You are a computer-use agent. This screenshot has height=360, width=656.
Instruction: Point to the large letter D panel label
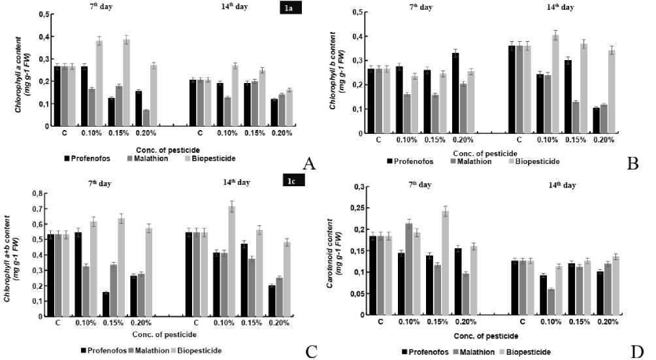tap(637, 352)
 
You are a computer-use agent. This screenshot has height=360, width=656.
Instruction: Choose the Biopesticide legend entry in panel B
tap(537, 160)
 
